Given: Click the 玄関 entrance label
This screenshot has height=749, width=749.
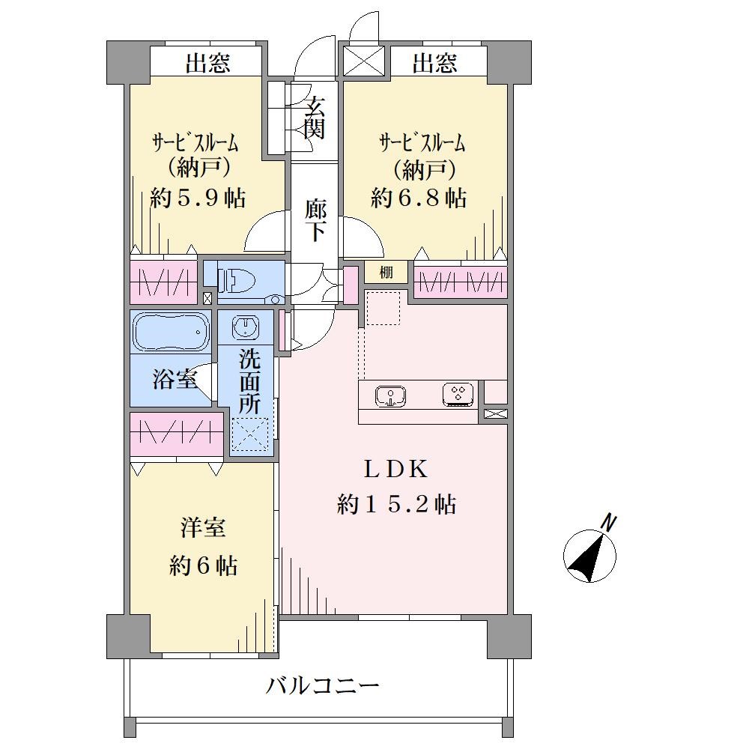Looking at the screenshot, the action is (x=315, y=118).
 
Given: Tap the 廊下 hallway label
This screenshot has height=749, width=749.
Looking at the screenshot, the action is (x=316, y=220).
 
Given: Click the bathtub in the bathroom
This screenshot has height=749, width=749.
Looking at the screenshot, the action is (x=171, y=332).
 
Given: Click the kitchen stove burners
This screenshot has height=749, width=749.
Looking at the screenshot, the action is (x=458, y=395).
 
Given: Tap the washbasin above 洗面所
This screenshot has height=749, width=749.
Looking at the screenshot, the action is (x=246, y=327).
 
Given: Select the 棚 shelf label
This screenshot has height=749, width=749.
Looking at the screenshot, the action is (x=386, y=273).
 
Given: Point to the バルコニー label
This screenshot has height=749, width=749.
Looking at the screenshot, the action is (x=323, y=687).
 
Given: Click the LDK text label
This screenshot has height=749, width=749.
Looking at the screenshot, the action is (x=395, y=470).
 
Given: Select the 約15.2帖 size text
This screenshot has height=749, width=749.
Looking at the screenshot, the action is (x=396, y=504).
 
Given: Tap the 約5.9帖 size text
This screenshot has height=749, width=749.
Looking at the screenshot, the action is (x=198, y=197).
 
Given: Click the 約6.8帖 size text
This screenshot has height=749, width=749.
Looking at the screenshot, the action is (x=419, y=197).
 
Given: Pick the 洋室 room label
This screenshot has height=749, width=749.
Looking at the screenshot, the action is (x=203, y=528).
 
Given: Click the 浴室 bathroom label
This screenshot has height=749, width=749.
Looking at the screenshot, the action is (x=175, y=379).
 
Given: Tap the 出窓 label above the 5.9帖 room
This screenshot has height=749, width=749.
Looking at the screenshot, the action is (x=207, y=63).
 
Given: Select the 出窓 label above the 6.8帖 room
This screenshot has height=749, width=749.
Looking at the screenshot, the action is (x=434, y=63).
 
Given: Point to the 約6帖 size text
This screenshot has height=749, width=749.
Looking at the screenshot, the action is (x=204, y=566).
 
